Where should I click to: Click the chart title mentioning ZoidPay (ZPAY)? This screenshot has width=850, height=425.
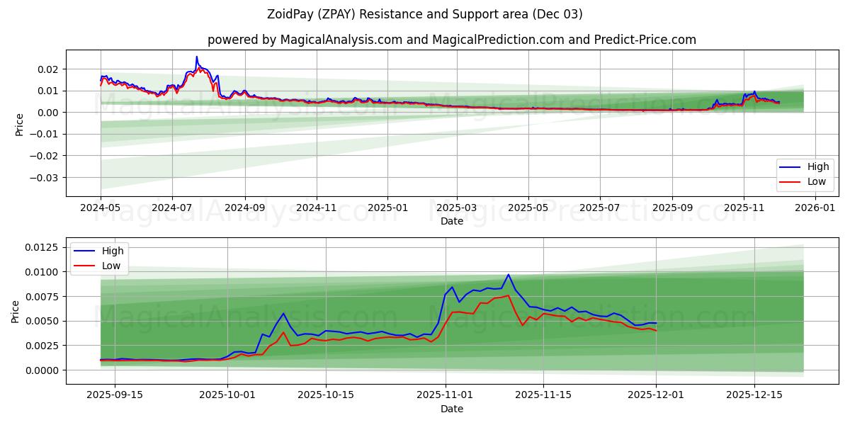[425, 14]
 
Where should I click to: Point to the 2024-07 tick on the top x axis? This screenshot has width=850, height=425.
[172, 208]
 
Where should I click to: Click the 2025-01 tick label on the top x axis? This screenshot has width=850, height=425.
[387, 208]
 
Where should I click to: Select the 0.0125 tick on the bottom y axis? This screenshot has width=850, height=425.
[41, 247]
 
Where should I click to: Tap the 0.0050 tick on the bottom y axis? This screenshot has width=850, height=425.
[41, 321]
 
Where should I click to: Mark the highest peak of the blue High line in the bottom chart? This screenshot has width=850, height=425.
[508, 275]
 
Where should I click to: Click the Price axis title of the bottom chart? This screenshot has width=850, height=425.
[16, 311]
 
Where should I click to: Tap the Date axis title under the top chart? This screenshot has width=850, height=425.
[451, 221]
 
